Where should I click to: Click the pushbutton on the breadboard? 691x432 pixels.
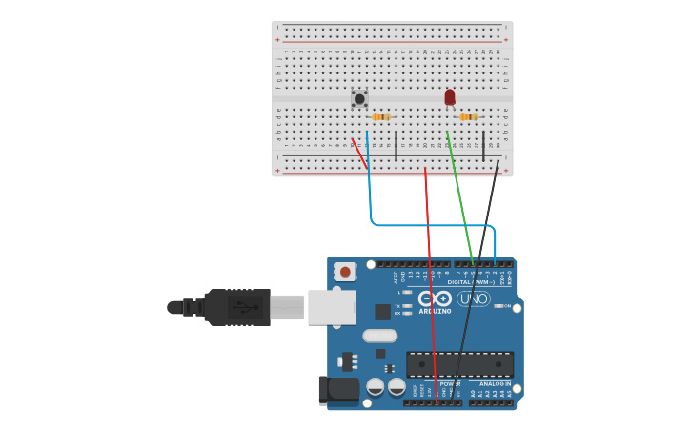[359, 98]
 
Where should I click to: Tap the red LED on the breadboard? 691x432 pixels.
[450, 96]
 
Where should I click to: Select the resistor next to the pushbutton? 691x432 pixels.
[381, 117]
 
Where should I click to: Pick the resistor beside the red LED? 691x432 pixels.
[468, 117]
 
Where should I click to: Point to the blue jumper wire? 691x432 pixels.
[429, 226]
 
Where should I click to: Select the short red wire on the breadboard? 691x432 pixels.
[359, 154]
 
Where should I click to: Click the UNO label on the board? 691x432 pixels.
[474, 298]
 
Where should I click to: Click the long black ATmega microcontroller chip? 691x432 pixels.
[459, 364]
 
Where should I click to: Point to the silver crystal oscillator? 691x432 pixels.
[379, 336]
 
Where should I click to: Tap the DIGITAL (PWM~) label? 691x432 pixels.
[472, 282]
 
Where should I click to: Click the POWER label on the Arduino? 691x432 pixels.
[450, 384]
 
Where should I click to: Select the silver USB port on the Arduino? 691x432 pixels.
[332, 307]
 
